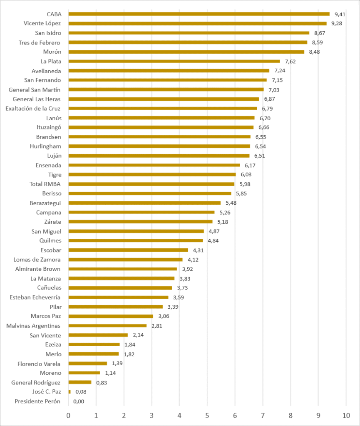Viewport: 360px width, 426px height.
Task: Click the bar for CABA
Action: pyautogui.click(x=199, y=14)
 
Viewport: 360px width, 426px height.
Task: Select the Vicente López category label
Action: pyautogui.click(x=42, y=23)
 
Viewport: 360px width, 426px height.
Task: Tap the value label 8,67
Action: pyautogui.click(x=320, y=33)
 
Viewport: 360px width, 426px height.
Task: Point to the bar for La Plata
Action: pyautogui.click(x=174, y=62)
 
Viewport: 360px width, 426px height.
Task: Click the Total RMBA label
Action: pyautogui.click(x=45, y=184)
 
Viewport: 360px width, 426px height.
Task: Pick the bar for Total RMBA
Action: pyautogui.click(x=151, y=184)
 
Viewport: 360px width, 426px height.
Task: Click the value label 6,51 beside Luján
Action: pyautogui.click(x=259, y=156)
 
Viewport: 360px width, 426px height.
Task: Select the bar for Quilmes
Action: pyautogui.click(x=136, y=240)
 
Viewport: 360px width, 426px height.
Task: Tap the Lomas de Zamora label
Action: pyautogui.click(x=37, y=260)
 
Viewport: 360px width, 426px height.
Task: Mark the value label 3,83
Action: pyautogui.click(x=185, y=279)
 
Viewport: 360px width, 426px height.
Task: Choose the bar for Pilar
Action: pyautogui.click(x=115, y=307)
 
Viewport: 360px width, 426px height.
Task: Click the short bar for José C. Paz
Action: pyautogui.click(x=70, y=392)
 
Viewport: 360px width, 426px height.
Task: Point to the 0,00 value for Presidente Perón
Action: pyautogui.click(x=79, y=401)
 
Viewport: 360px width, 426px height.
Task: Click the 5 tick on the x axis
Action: pyautogui.click(x=207, y=416)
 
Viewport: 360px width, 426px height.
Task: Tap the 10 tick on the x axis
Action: pyautogui.click(x=346, y=416)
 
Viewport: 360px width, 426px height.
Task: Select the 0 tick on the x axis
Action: pyautogui.click(x=68, y=416)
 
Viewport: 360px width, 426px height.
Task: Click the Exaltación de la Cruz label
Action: pyautogui.click(x=33, y=109)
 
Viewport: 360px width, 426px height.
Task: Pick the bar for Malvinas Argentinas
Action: pyautogui.click(x=107, y=326)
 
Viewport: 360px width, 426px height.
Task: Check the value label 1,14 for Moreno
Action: pyautogui.click(x=110, y=373)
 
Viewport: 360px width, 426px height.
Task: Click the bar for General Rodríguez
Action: pyautogui.click(x=80, y=382)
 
